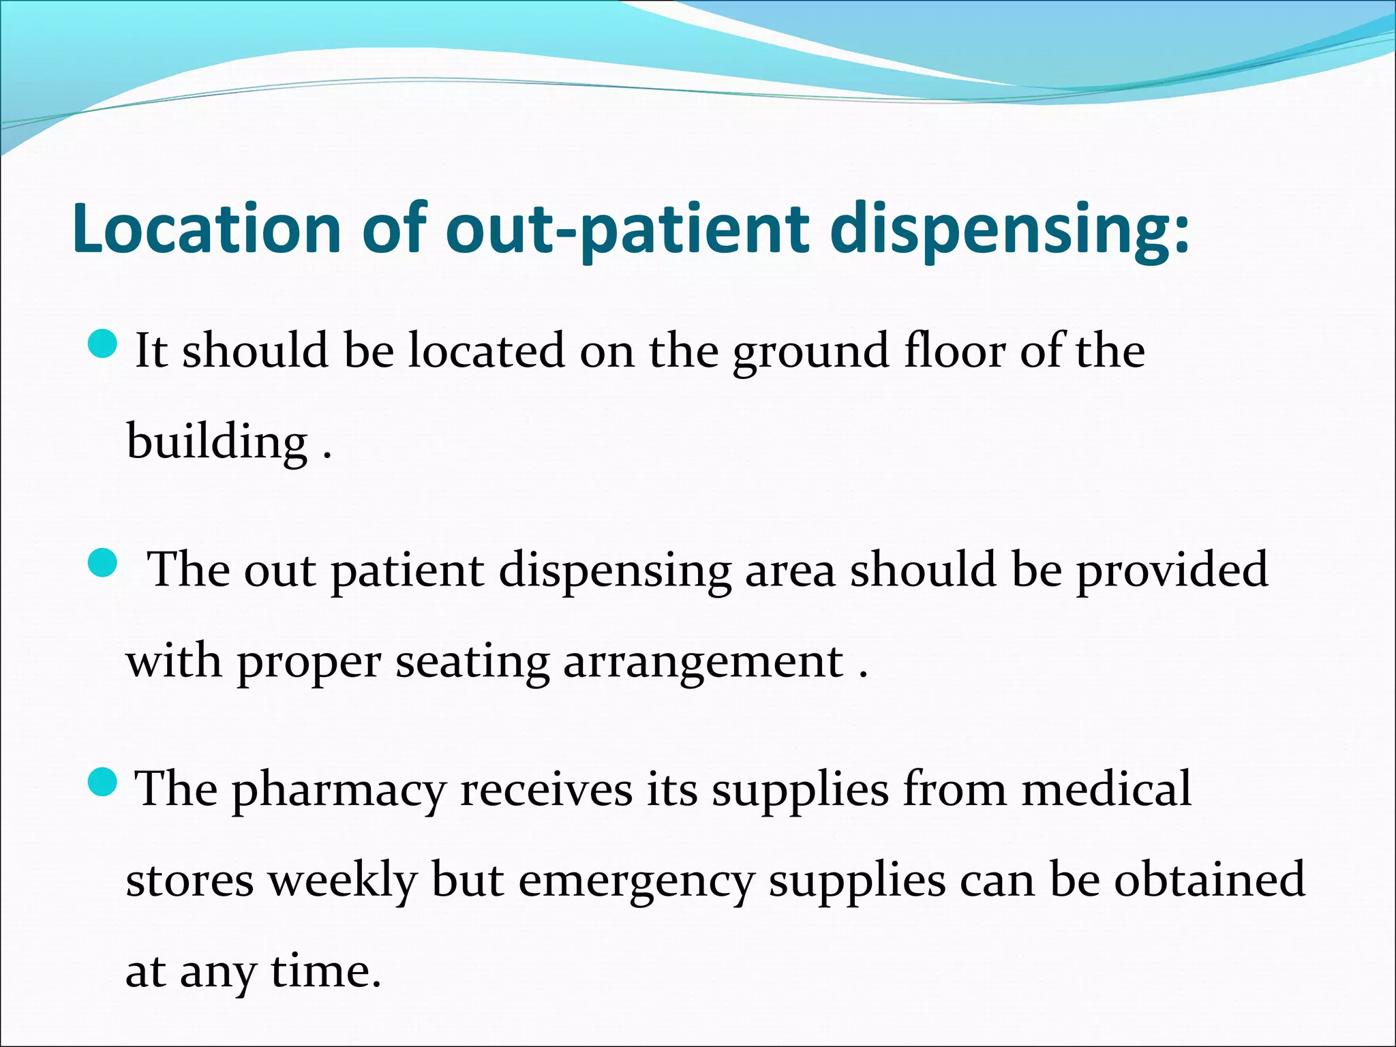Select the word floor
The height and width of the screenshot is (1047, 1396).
(955, 350)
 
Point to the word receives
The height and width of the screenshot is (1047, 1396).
(546, 789)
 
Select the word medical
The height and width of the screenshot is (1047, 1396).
(1106, 788)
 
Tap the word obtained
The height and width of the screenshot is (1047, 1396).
(1210, 879)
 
